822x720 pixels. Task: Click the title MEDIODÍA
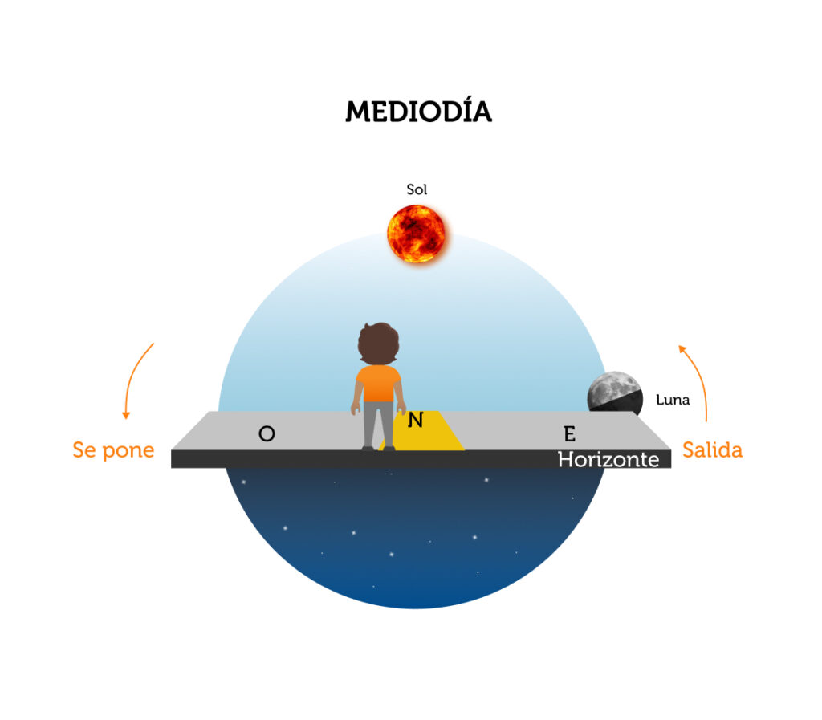[x=418, y=111]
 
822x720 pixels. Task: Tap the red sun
[x=417, y=234]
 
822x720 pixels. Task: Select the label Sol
[x=417, y=189]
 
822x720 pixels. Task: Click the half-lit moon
[x=614, y=392]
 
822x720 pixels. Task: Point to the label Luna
[x=673, y=400]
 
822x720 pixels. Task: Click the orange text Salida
[x=713, y=450]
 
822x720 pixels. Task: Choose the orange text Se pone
[x=113, y=450]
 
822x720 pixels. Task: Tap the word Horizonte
[x=608, y=460]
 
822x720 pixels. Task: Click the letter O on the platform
[x=267, y=434]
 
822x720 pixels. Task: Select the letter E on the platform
[x=570, y=434]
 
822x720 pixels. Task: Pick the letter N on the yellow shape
[x=416, y=420]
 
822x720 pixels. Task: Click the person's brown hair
[x=379, y=344]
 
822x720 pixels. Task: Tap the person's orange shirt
[x=378, y=384]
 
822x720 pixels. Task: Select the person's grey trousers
[x=379, y=425]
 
